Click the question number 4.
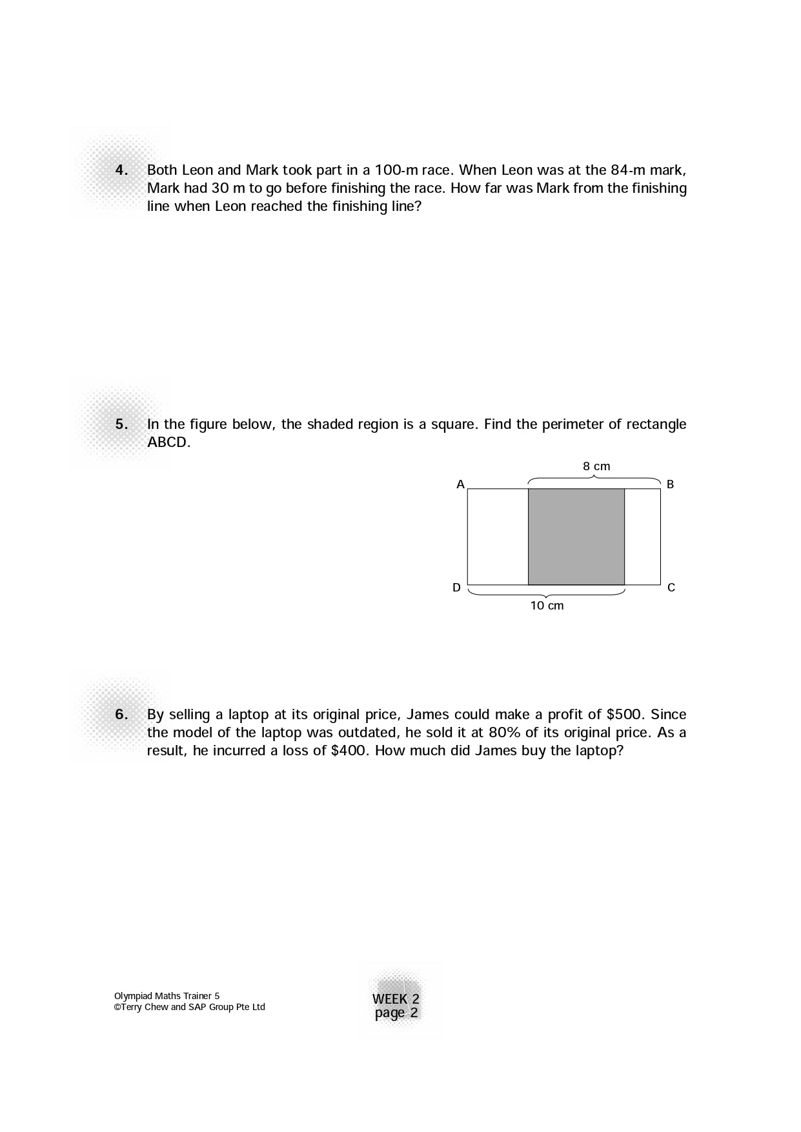(121, 170)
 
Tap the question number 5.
(121, 424)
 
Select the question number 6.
(121, 715)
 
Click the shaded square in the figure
(576, 537)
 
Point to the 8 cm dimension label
(596, 466)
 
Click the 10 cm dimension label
(547, 606)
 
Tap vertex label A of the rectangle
(460, 484)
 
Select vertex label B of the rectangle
(670, 484)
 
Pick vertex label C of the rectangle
(671, 588)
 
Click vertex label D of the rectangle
(456, 588)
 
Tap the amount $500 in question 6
(624, 715)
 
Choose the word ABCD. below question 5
(168, 442)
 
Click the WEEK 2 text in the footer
(396, 999)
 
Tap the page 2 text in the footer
(396, 1013)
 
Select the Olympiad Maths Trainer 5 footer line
(167, 996)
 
